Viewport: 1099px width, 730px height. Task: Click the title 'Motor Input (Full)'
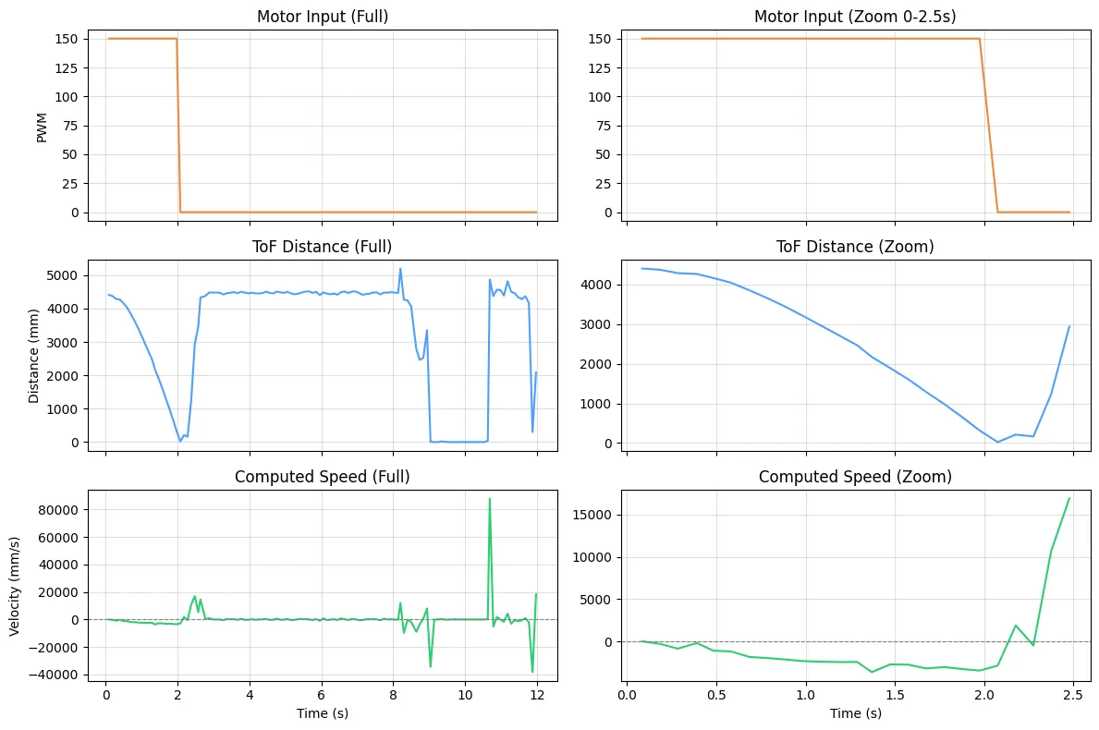click(323, 18)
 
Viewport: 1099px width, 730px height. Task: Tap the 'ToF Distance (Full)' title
click(323, 247)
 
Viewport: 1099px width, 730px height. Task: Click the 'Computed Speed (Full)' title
click(323, 477)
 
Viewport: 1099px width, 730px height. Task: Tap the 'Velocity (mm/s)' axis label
click(16, 585)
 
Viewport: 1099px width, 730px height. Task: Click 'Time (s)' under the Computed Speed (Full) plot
click(323, 713)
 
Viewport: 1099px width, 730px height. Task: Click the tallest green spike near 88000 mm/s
click(490, 499)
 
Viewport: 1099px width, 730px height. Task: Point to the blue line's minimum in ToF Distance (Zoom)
click(997, 442)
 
